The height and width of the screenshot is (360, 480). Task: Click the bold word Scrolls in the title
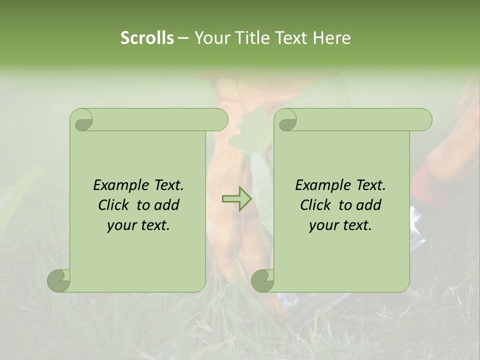147,38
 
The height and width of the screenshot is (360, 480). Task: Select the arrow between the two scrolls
236,199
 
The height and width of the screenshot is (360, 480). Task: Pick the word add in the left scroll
167,205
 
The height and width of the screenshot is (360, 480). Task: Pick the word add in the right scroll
369,205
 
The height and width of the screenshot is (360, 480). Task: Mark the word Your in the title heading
209,38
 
